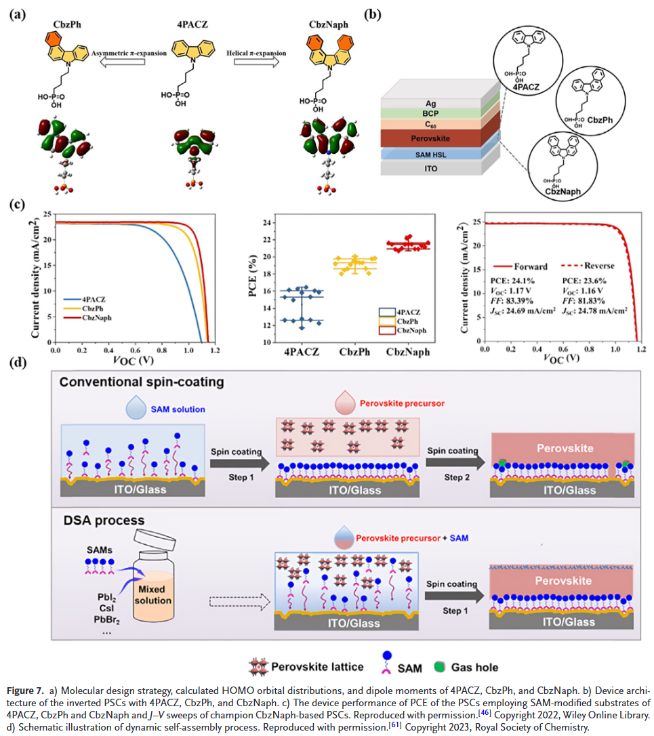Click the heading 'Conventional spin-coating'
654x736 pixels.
coord(141,382)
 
